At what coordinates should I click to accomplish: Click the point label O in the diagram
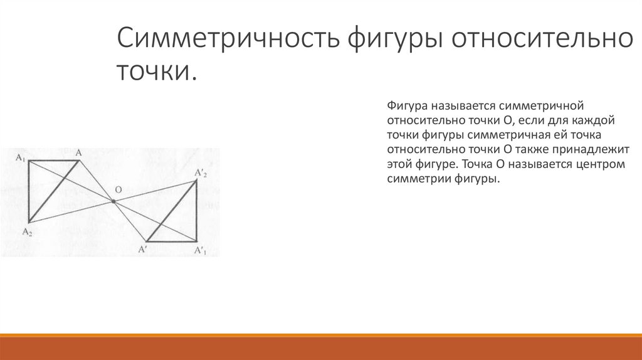[117, 189]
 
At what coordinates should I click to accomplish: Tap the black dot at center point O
[113, 201]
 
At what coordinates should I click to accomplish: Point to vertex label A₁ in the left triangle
[21, 157]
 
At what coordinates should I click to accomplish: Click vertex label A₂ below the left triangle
[27, 231]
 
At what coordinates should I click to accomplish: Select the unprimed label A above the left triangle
[79, 152]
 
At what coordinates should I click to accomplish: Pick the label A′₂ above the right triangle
[200, 172]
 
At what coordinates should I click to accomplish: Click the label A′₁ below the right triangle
[199, 251]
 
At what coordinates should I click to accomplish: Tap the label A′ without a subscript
[143, 250]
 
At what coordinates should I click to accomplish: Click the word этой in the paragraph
[399, 164]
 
